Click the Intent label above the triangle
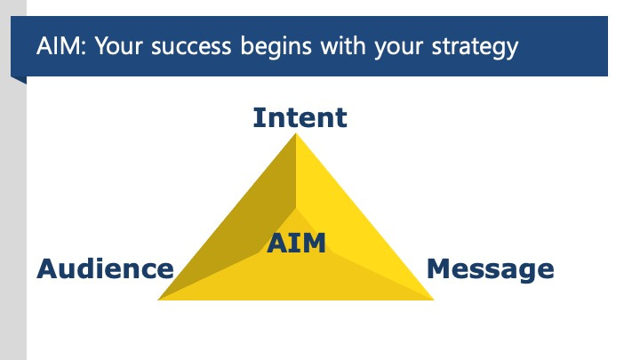pos(300,117)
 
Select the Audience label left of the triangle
pos(105,268)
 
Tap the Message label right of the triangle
pos(491,268)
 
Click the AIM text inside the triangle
pos(297,242)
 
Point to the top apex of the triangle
pos(296,134)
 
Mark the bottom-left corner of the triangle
pos(159,300)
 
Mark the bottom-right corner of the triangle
pos(433,300)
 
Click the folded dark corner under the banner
pos(19,80)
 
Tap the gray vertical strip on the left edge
pos(12,222)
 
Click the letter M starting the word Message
pos(438,268)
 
